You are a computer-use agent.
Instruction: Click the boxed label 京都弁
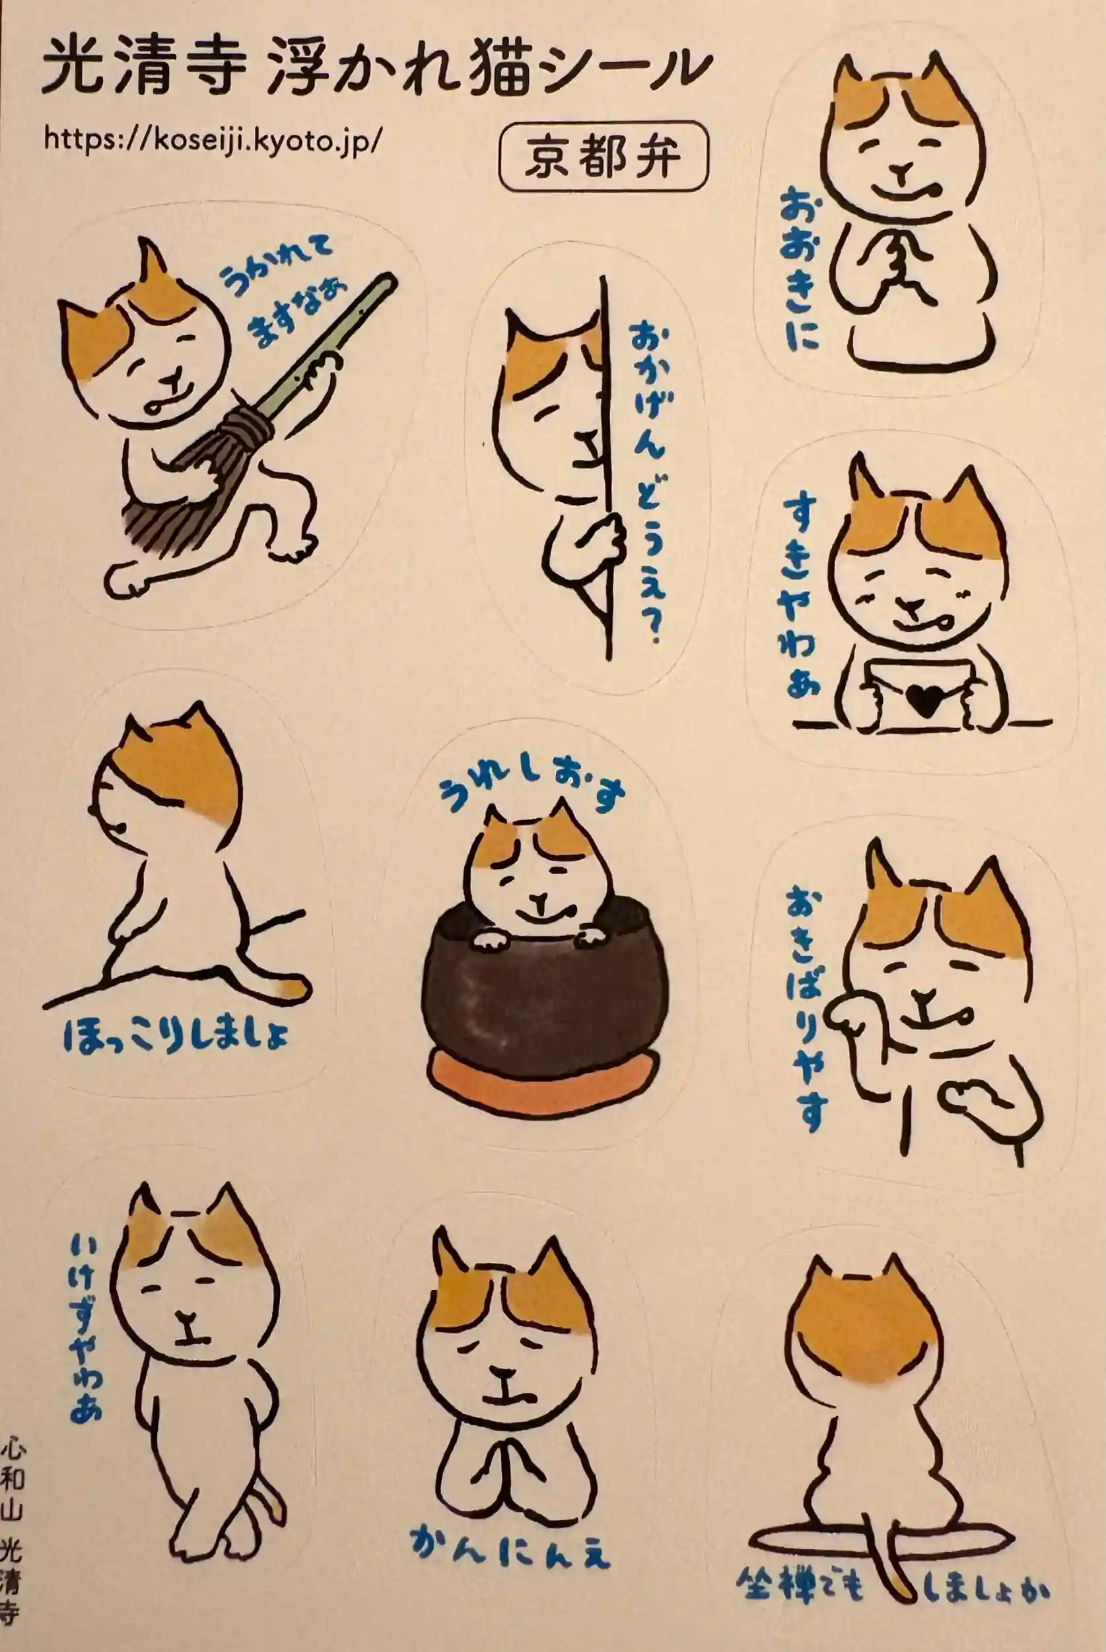coord(602,156)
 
